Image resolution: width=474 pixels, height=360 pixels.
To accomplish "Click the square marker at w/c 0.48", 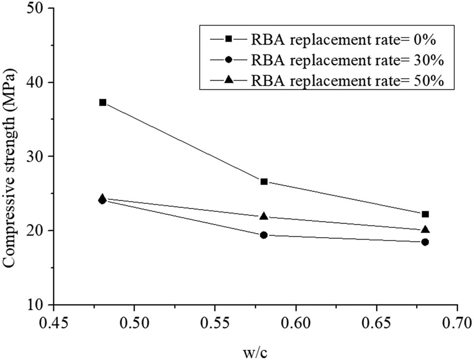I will [103, 103].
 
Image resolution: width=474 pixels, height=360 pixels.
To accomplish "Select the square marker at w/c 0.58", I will [264, 182].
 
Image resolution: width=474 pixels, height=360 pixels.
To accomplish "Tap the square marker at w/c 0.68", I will [425, 214].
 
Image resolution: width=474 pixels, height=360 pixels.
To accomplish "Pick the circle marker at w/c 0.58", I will [264, 235].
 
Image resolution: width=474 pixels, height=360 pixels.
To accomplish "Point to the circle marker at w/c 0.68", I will [425, 242].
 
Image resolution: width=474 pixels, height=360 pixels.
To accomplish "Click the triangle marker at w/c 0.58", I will [264, 216].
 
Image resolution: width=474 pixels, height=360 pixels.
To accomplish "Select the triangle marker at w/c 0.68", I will [425, 230].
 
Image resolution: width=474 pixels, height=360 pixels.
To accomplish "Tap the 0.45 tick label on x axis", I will [53, 323].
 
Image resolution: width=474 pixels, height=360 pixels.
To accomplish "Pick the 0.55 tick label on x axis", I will [214, 323].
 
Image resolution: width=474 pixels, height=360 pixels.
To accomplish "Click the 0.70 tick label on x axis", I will [456, 323].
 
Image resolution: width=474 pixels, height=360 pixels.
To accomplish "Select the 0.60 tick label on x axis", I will [295, 323].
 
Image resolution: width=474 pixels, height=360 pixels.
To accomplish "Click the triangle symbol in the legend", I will [227, 81].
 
